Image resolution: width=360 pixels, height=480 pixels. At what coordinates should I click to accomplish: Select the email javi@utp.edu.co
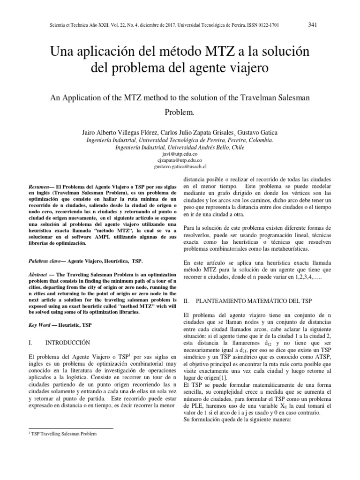180,154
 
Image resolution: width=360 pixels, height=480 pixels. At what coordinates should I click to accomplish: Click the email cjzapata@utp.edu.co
180,160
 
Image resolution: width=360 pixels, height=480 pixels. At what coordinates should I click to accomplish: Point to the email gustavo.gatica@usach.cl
180,166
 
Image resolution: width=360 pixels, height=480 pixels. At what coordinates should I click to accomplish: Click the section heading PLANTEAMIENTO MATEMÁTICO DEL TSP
254,300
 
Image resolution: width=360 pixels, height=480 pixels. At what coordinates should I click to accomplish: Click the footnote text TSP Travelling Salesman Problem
64,434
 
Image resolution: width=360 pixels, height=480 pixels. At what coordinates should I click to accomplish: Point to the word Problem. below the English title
180,113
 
